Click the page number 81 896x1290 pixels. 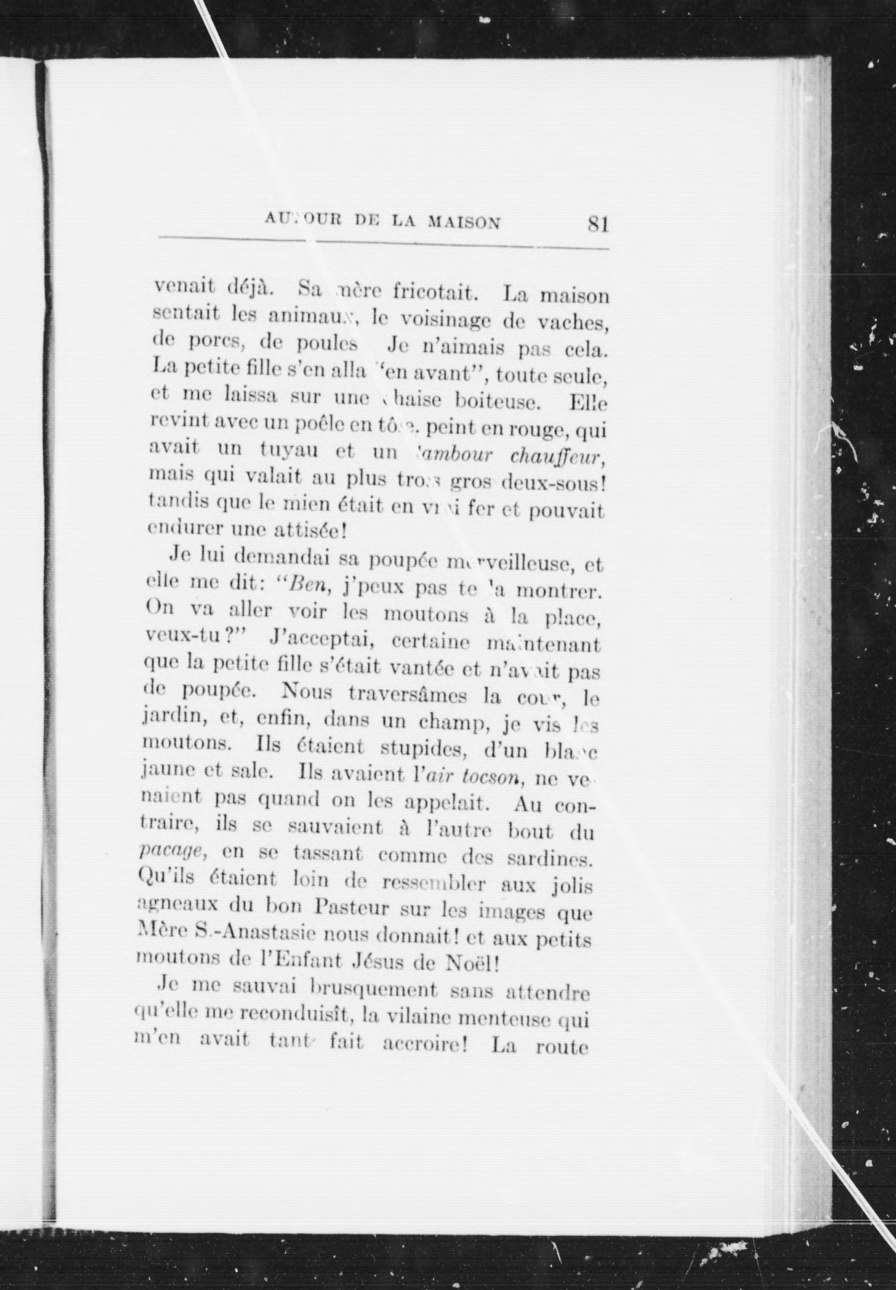[598, 225]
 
